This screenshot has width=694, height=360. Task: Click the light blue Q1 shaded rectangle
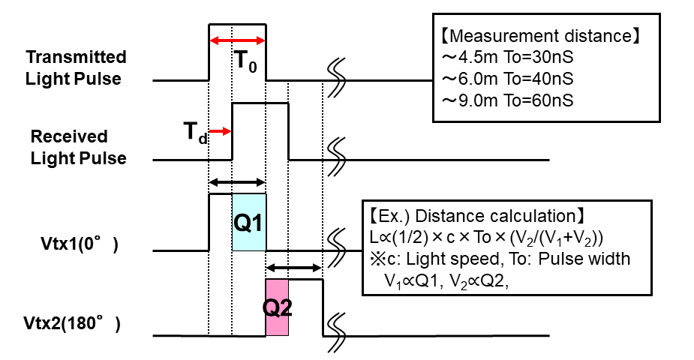pos(248,222)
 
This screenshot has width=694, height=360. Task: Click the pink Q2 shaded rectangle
pos(277,307)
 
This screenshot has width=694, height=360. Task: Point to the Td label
pos(196,133)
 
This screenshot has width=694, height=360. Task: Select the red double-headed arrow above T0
pos(237,40)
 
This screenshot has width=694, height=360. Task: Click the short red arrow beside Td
pos(221,131)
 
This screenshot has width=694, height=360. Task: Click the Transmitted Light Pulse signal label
pos(76,68)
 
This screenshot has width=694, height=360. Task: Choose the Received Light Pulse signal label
pos(78,148)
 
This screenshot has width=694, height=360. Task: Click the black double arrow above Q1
pos(237,181)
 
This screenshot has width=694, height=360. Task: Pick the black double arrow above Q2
pos(295,266)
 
